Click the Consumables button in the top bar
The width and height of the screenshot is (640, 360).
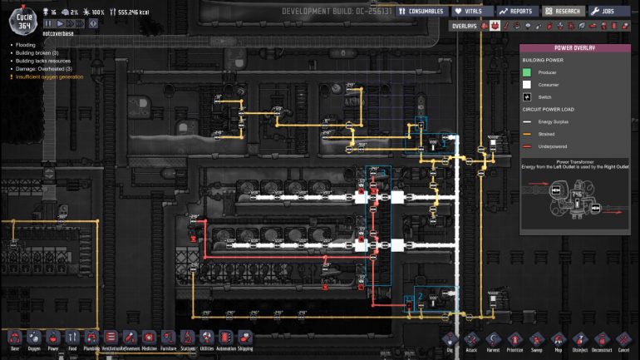pos(421,12)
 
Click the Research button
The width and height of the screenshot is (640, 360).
pos(563,12)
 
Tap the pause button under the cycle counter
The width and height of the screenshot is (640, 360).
pos(49,24)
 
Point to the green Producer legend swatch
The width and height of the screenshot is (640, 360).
pos(527,72)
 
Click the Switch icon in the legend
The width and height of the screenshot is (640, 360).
pos(527,96)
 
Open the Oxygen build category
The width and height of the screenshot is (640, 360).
pos(34,338)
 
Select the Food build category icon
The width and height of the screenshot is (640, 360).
pos(72,338)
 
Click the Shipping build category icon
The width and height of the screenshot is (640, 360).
pos(245,338)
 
